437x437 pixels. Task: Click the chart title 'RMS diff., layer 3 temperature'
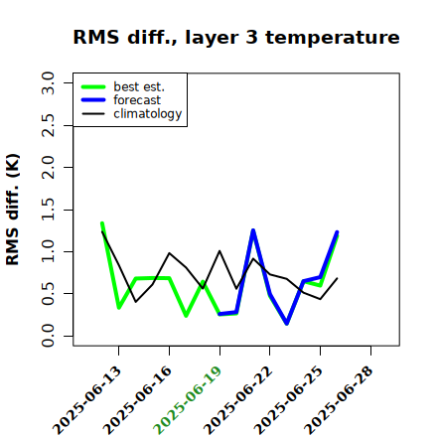point(236,37)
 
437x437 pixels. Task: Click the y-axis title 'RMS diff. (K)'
point(13,210)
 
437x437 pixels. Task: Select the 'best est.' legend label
point(139,86)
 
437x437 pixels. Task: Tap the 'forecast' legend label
point(137,100)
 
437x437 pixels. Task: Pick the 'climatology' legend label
point(148,114)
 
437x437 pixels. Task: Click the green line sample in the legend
point(93,86)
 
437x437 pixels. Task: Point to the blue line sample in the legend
point(93,100)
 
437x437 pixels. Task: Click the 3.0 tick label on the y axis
point(48,82)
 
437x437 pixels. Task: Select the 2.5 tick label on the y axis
point(48,125)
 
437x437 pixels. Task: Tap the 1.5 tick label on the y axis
point(48,210)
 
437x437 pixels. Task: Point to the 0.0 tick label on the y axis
point(48,336)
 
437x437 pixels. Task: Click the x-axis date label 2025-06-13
point(86,400)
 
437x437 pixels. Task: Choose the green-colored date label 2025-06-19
point(188,400)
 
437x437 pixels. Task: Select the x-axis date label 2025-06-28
point(339,400)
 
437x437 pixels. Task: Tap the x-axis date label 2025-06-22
point(237,400)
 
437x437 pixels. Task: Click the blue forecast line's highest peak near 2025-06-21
point(253,230)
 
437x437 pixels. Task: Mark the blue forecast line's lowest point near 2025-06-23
point(287,324)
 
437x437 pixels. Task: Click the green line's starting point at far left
point(102,223)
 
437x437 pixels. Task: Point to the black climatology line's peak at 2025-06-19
point(219,251)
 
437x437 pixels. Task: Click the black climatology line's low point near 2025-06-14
point(135,302)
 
